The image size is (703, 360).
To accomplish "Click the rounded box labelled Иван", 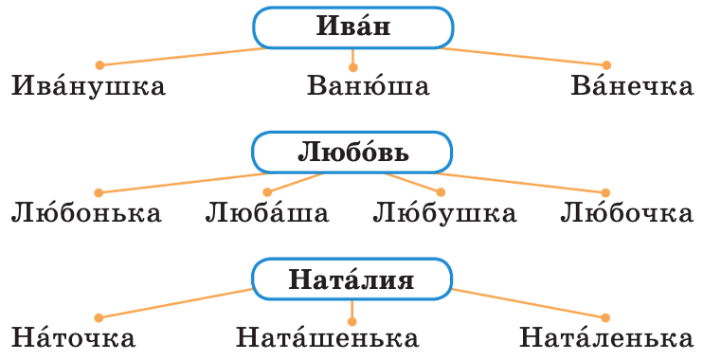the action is tap(352, 27).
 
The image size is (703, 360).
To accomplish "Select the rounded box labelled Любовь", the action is tap(352, 153).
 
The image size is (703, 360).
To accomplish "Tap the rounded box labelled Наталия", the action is tap(352, 279).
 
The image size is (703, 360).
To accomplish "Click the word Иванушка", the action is tap(89, 87).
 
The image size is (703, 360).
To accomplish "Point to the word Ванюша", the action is tap(369, 87).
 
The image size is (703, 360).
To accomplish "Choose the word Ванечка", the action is tap(632, 87).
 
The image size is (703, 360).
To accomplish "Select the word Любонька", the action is tap(86, 212).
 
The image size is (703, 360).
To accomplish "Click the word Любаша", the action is tap(267, 212).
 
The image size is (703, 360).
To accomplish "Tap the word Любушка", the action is tap(444, 212).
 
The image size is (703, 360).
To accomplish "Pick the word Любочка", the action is tap(626, 212).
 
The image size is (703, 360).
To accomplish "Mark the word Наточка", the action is tap(74, 338).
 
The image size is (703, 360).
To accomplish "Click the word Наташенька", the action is tap(328, 338).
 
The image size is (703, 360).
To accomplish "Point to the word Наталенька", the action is tap(601, 338).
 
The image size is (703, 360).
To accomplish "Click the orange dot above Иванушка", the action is tap(99, 65).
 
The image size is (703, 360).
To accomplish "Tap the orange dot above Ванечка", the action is tap(606, 65).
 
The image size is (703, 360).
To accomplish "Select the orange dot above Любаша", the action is tap(267, 192).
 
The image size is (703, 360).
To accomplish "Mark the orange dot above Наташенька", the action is tap(352, 317).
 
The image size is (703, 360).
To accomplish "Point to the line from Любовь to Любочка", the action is tap(531, 182).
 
